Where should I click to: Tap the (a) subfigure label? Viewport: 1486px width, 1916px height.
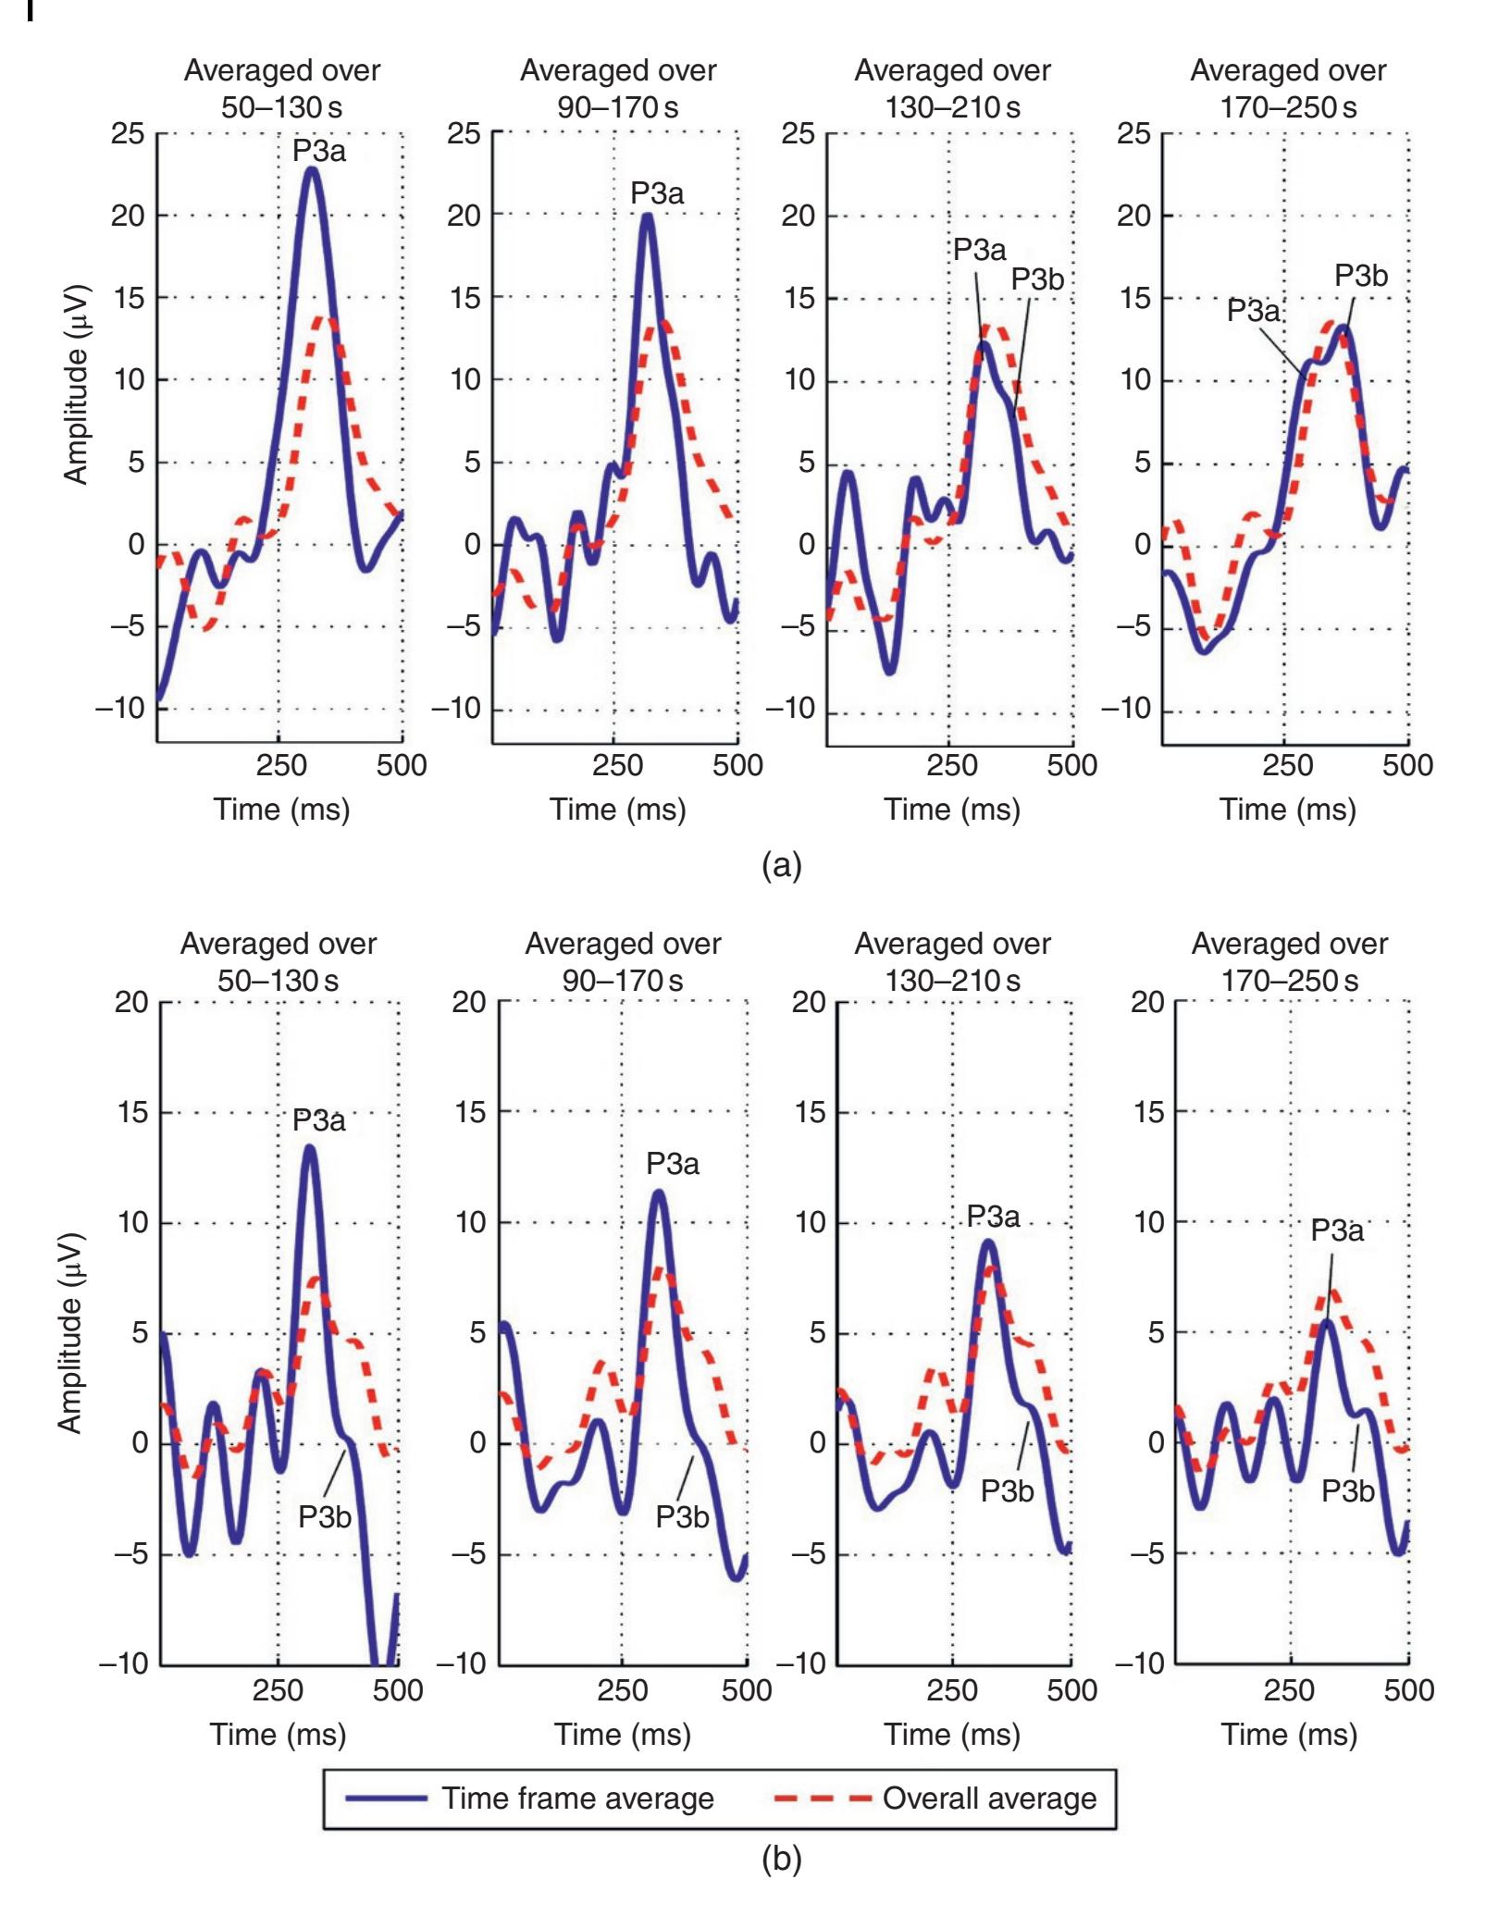(x=781, y=866)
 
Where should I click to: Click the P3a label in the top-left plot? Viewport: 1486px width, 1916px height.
(x=319, y=151)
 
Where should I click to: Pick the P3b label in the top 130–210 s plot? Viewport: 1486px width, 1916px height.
(x=1037, y=278)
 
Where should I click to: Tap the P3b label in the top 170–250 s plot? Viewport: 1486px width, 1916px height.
(x=1361, y=276)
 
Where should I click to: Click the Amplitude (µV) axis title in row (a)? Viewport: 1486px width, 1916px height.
(x=76, y=384)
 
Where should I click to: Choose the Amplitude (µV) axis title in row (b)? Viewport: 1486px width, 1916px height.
(x=71, y=1333)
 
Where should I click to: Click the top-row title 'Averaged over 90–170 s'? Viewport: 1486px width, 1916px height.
(x=618, y=89)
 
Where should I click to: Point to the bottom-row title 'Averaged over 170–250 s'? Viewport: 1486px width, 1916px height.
(x=1289, y=961)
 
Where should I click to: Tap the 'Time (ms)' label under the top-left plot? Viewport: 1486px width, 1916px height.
(x=282, y=810)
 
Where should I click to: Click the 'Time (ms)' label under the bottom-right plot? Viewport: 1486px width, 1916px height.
(x=1289, y=1735)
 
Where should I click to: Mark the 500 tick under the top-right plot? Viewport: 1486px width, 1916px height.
(x=1407, y=765)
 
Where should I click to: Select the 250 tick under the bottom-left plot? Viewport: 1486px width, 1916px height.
(x=278, y=1690)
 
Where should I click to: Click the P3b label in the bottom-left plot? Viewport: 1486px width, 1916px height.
(x=324, y=1517)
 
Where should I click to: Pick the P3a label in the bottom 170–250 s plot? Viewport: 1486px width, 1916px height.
(x=1337, y=1230)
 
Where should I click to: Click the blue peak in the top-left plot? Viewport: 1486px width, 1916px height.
(x=312, y=169)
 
